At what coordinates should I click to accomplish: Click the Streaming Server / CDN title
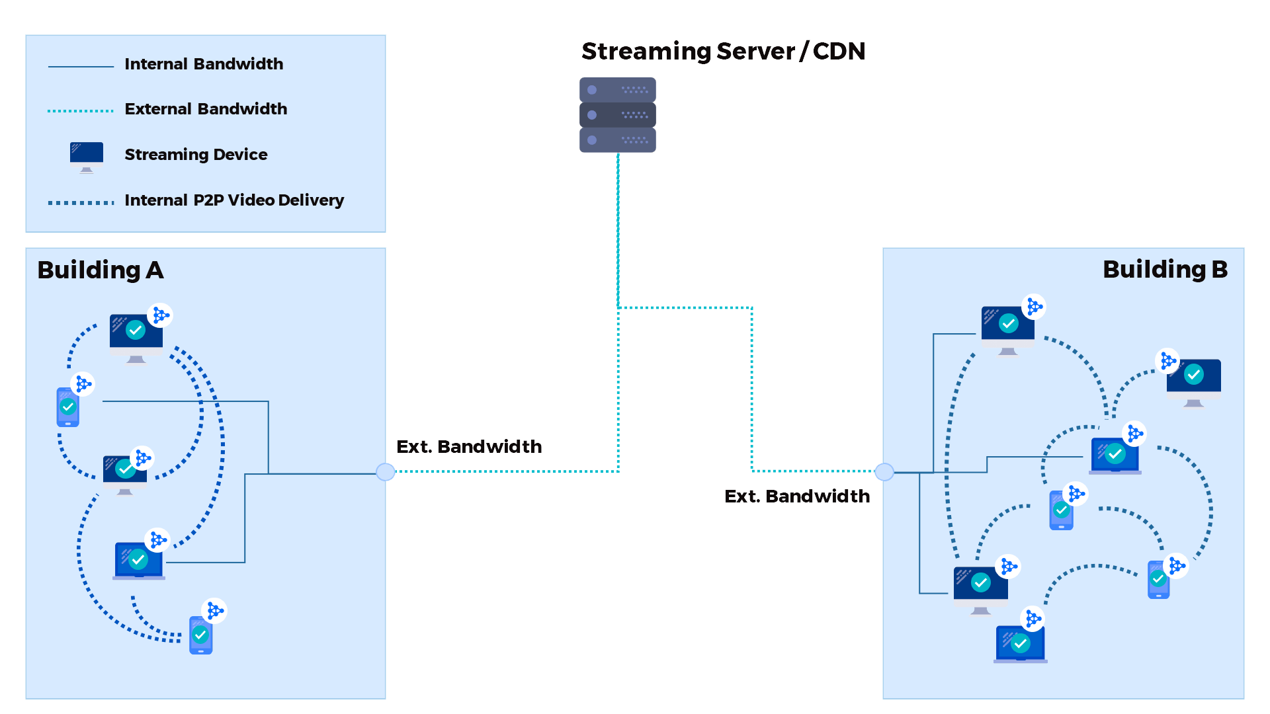coord(722,51)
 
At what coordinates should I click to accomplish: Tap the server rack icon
coord(617,115)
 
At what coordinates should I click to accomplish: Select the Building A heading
coord(100,270)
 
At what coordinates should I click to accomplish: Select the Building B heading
coord(1164,270)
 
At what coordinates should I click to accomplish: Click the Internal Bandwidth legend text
coord(204,64)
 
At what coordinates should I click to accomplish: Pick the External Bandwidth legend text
coord(206,109)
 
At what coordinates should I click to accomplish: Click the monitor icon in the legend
coord(87,156)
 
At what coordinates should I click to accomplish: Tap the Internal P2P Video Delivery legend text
coord(234,200)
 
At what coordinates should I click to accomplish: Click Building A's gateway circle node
coord(386,472)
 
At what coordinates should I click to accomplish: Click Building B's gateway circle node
coord(884,472)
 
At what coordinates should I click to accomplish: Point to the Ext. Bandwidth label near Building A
coord(468,447)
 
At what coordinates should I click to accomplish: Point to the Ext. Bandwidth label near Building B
coord(796,496)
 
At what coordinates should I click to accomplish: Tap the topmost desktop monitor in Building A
coord(136,335)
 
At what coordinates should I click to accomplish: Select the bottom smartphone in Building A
coord(200,635)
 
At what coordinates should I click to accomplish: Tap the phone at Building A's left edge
coord(67,407)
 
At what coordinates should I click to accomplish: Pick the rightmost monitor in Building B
coord(1193,380)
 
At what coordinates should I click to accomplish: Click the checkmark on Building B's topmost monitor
coord(1008,323)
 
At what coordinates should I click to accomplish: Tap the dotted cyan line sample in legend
coord(81,111)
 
